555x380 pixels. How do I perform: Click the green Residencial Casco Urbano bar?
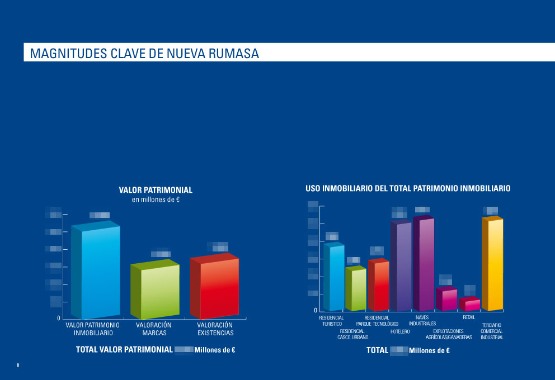coord(358,289)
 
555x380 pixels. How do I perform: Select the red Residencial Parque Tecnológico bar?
coord(380,285)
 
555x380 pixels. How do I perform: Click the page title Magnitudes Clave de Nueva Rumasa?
coord(144,54)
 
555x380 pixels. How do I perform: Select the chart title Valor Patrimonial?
coord(156,190)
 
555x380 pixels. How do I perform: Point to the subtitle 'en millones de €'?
coord(156,199)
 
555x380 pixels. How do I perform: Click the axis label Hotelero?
coord(400,332)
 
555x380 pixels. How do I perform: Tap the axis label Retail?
coord(469,317)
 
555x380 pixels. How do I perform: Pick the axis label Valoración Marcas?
coord(154,329)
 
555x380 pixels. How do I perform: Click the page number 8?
coord(17,365)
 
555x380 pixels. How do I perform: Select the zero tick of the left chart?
coord(58,318)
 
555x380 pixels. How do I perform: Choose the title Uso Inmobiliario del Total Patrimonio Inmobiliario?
coord(408,189)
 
